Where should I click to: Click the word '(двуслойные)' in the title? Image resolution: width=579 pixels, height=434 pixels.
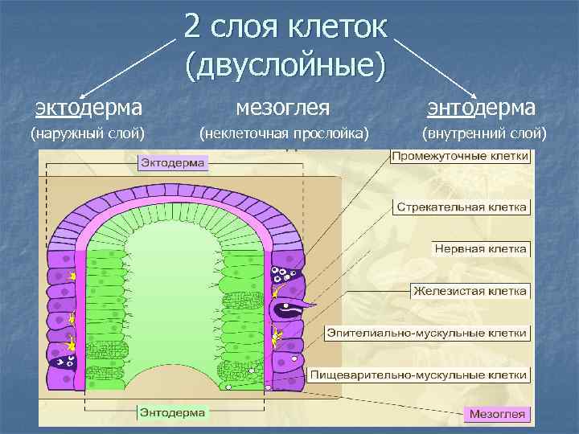tap(285, 64)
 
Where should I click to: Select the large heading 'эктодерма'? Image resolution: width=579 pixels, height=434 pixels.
tap(87, 107)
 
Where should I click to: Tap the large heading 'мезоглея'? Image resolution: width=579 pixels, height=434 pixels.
tap(285, 107)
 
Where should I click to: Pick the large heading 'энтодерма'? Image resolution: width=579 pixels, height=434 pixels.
tap(482, 107)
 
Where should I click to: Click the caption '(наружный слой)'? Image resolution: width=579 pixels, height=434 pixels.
tap(87, 133)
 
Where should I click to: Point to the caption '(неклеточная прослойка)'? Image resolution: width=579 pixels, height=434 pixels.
tap(285, 133)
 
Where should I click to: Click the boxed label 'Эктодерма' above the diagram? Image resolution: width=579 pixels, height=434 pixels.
tap(174, 163)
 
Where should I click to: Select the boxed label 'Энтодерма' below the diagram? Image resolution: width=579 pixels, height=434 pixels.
tap(174, 413)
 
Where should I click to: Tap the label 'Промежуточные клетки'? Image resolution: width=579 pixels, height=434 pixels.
tap(460, 156)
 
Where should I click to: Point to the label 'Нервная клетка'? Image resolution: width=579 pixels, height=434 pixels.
tap(481, 249)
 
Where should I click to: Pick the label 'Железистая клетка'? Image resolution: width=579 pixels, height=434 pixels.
tap(470, 290)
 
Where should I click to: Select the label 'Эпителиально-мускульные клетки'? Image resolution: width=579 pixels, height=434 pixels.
tap(429, 332)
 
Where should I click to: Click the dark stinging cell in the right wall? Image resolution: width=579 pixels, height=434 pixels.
tap(289, 306)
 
